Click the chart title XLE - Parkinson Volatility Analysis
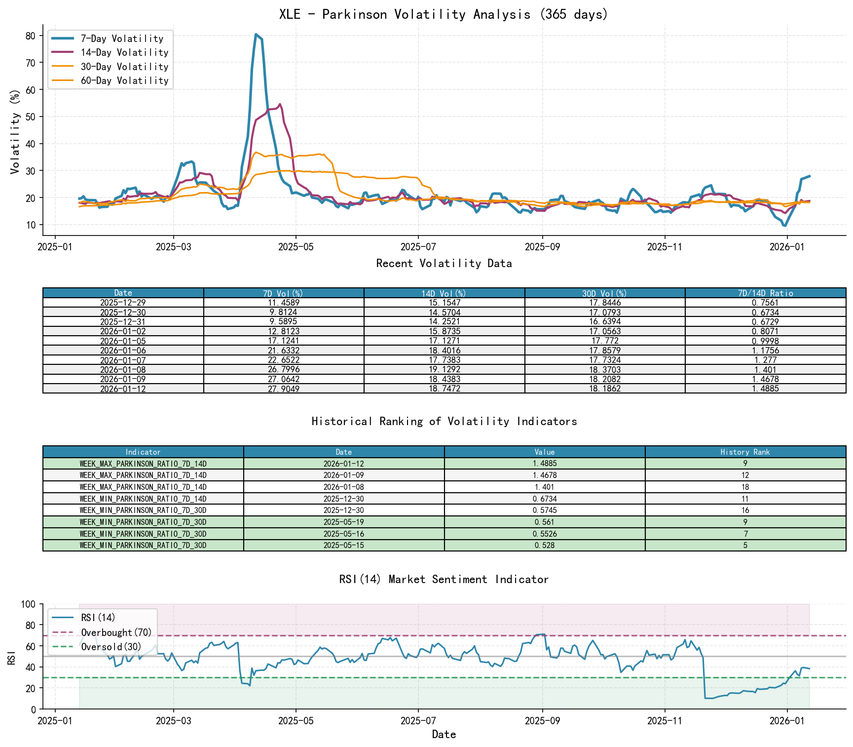point(444,14)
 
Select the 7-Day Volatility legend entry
point(122,39)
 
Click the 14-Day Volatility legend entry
point(124,52)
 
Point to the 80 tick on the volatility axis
point(31,36)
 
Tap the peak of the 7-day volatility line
point(256,35)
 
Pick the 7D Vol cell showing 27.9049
point(284,389)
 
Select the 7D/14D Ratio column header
point(765,293)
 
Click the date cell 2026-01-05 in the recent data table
point(123,341)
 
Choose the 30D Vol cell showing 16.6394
point(605,321)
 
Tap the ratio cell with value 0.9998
point(765,341)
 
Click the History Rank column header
point(745,452)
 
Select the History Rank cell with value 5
point(745,546)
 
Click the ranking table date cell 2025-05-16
point(344,534)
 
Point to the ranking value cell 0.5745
point(544,511)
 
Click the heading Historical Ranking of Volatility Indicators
point(444,421)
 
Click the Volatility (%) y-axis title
point(15,131)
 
